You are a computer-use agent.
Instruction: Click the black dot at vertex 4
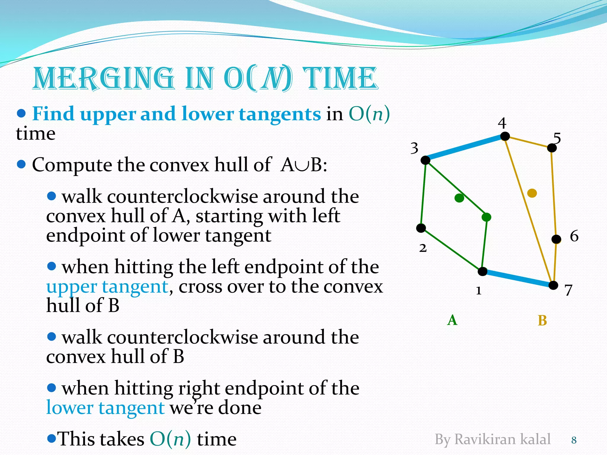coord(505,136)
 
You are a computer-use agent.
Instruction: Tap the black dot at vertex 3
coord(425,160)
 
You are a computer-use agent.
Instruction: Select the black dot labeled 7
coord(553,285)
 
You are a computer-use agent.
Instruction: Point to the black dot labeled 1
coord(483,271)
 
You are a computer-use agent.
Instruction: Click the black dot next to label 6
coord(556,239)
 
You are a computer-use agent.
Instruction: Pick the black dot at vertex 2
coord(421,228)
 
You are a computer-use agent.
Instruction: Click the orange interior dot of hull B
coord(532,193)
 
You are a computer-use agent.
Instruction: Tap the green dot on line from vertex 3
coord(486,217)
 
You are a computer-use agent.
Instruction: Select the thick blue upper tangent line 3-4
coord(465,148)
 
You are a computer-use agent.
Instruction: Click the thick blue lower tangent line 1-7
coord(518,278)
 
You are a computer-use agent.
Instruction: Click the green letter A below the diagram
coord(452,320)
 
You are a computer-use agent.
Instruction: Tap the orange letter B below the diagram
coord(542,321)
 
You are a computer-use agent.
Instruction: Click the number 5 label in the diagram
coord(557,138)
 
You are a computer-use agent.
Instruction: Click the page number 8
coord(574,440)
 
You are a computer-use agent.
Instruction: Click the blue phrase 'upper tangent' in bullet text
coord(107,287)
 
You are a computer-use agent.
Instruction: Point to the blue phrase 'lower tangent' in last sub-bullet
coord(105,408)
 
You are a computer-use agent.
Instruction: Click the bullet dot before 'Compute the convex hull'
coord(21,164)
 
